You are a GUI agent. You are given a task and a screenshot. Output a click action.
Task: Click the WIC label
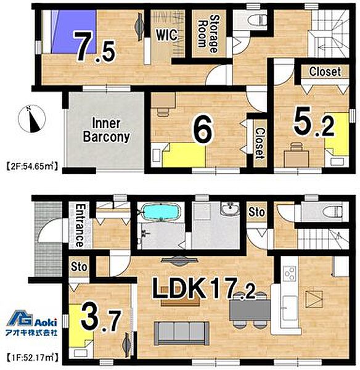(166, 35)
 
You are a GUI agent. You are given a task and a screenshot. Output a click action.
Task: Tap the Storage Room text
(208, 33)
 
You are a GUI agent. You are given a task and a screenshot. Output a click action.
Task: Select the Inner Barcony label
(107, 130)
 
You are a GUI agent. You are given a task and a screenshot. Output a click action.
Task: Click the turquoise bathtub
(161, 212)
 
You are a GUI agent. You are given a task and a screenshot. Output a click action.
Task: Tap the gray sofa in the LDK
(181, 333)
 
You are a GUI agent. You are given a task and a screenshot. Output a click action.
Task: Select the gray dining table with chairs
(250, 310)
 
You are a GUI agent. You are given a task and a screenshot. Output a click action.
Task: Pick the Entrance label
(80, 225)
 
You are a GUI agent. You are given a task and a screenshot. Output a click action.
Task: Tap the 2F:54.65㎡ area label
(32, 166)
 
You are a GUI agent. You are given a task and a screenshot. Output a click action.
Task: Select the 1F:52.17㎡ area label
(32, 358)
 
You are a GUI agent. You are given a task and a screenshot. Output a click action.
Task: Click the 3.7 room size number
(101, 317)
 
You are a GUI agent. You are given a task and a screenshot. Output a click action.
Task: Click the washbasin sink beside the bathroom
(230, 208)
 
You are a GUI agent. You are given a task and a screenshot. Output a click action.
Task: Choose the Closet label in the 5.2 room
(325, 72)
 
